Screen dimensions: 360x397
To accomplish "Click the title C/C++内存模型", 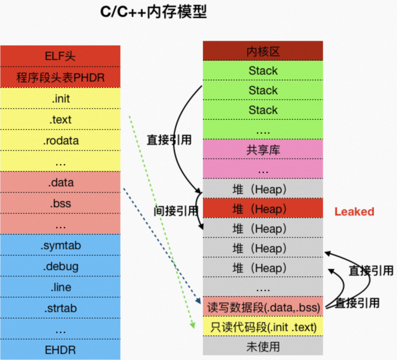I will coord(153,12).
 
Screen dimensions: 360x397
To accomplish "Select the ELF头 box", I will coord(60,56).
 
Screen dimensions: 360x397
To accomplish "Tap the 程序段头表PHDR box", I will coord(60,77).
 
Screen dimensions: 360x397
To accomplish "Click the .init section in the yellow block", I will coord(60,99).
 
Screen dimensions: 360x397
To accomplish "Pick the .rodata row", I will coord(60,141).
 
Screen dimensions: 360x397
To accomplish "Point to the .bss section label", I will coord(60,203).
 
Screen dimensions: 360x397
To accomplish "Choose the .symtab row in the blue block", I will coord(60,245).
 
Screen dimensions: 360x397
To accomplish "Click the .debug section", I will coord(60,266).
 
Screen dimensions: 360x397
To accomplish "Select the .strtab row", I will coord(60,308).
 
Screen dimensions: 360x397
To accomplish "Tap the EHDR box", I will coord(60,350).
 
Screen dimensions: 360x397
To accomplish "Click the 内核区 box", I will coord(263,51).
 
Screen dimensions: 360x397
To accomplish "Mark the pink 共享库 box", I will coord(263,149).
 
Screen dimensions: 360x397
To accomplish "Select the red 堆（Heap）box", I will coord(263,209).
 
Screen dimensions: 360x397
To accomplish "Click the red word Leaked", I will coord(354,212).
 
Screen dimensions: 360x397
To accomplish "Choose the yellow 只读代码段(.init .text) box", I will coord(263,327).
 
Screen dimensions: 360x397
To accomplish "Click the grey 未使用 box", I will coord(263,347).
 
